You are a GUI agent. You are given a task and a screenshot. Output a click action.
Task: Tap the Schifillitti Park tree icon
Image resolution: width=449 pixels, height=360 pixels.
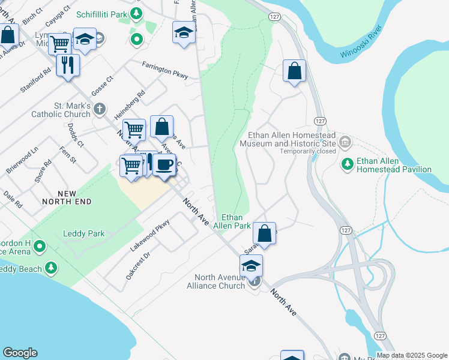(x=137, y=13)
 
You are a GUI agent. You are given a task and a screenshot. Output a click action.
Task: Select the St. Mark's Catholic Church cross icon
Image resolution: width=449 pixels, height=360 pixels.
(x=100, y=109)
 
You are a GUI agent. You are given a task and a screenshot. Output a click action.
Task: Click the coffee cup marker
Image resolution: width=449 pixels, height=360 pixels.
(x=164, y=164)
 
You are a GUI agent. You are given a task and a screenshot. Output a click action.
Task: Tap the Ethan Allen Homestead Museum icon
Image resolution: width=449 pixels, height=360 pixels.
(x=345, y=142)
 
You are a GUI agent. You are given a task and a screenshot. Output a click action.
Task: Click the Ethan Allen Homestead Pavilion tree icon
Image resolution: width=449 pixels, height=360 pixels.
(x=347, y=163)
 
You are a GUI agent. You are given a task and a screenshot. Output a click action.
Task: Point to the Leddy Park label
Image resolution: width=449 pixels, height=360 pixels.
(x=83, y=234)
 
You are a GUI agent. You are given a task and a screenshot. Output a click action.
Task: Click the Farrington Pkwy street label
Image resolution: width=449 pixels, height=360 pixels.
(x=165, y=71)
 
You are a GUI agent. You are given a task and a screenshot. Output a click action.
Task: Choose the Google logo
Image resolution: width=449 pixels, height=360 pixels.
(x=20, y=353)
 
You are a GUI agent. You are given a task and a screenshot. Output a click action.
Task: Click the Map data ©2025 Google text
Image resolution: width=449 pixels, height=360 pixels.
(x=411, y=355)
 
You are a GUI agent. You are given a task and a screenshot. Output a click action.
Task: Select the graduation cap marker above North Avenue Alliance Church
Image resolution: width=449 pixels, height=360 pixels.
(x=251, y=265)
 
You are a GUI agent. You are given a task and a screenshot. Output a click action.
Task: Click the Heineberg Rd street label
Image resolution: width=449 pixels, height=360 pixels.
(x=133, y=103)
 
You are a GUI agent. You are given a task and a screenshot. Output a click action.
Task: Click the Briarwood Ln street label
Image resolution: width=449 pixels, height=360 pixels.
(x=22, y=166)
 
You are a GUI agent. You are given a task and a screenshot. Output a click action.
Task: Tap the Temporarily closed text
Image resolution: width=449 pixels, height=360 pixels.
(x=308, y=151)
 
